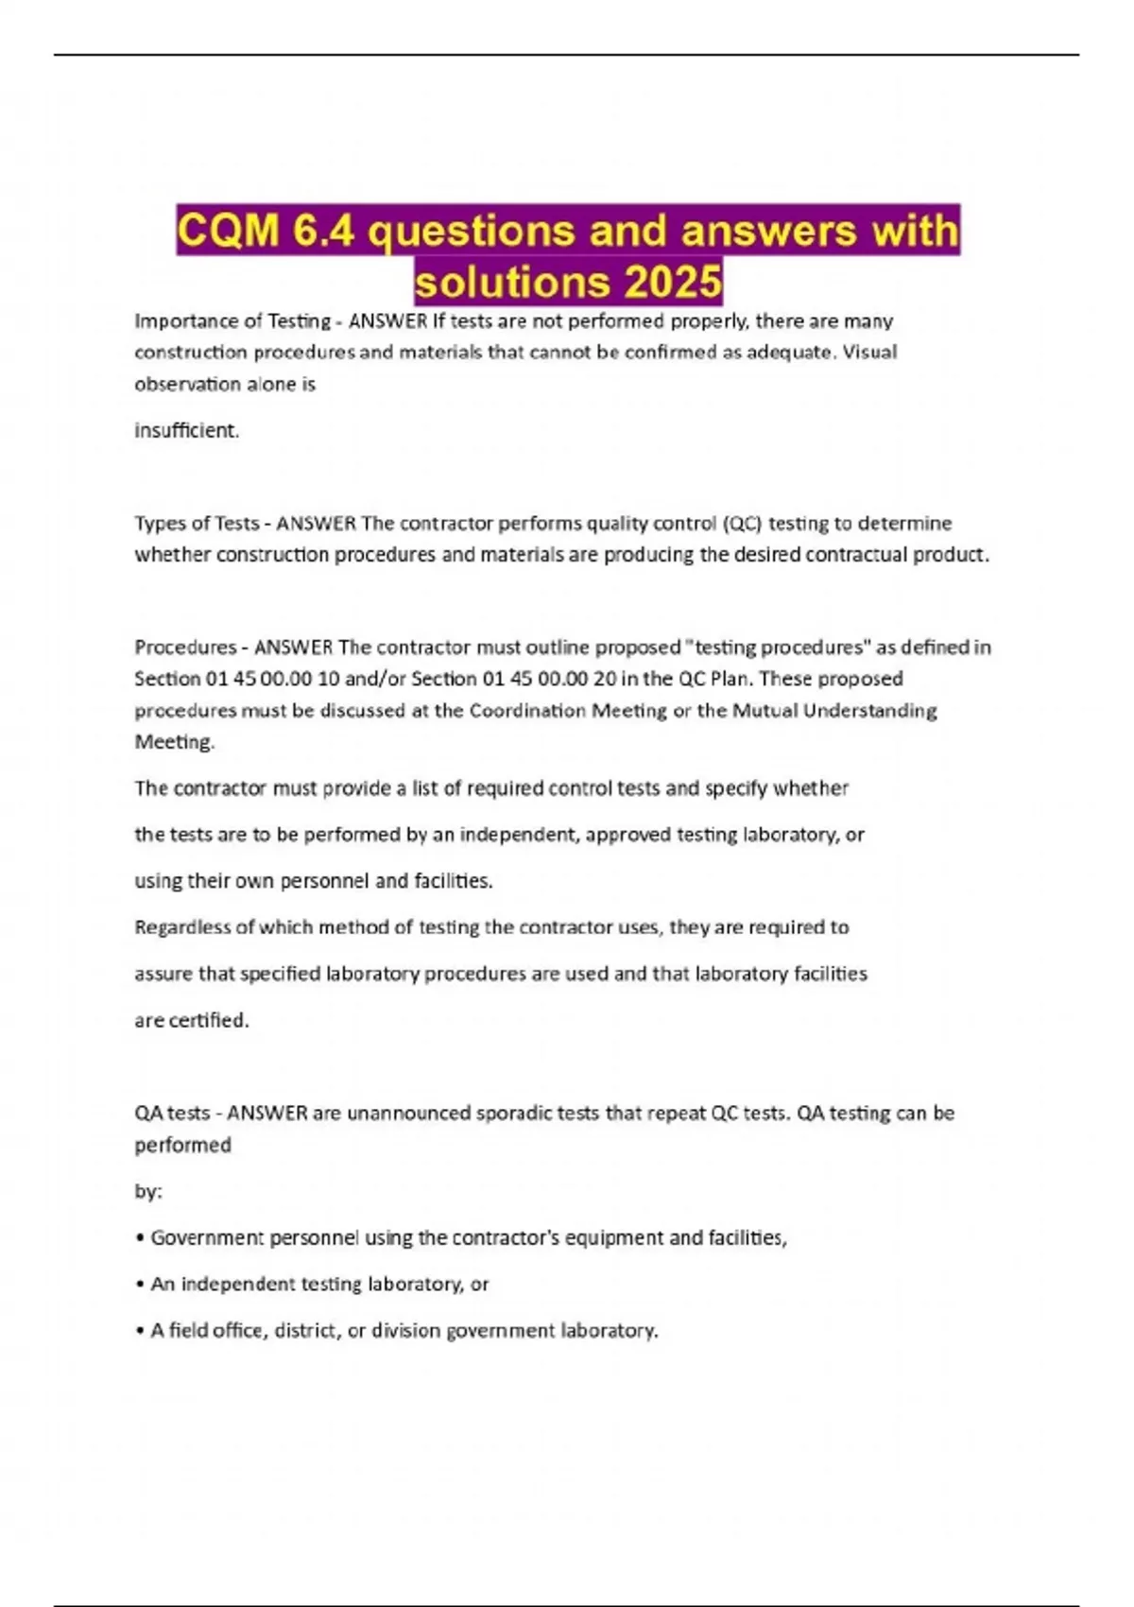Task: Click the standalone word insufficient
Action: coord(186,431)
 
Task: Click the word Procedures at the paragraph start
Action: coord(185,648)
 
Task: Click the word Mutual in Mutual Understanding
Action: coord(764,711)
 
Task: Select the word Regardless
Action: coord(182,927)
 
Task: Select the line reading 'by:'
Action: coord(147,1192)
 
